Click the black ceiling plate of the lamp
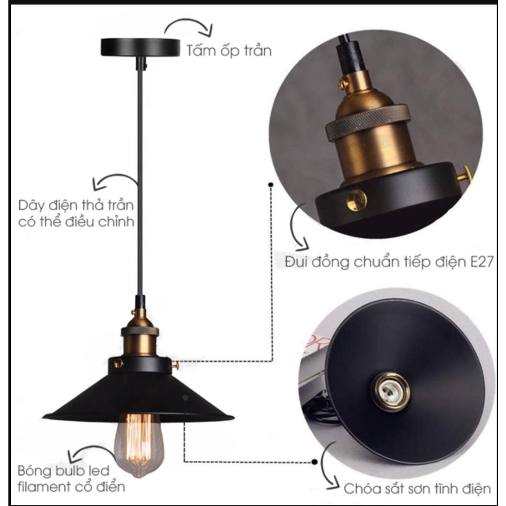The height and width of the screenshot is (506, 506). pos(140,47)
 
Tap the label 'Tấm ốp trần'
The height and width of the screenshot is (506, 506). pos(229,51)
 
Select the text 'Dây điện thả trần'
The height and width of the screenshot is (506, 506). pos(76,205)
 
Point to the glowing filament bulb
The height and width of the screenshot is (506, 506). pos(139,445)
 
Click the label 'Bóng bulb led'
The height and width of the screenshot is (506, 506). pos(64,471)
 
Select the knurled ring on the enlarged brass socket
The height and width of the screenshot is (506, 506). pos(368,123)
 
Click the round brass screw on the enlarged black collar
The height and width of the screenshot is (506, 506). pos(356,200)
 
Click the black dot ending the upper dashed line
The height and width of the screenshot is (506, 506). pos(271,185)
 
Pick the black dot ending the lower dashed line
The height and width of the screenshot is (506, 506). pos(314,462)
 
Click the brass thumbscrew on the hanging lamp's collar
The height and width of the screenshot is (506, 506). pos(175,365)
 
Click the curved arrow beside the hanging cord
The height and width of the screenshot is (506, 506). pos(113,177)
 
